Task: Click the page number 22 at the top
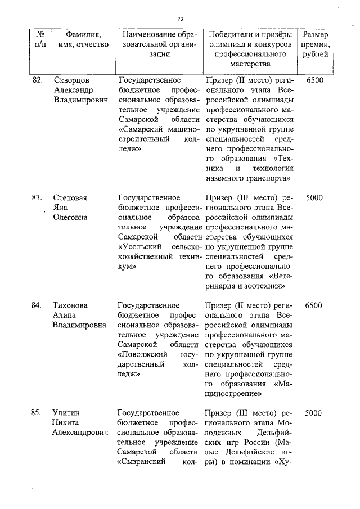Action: click(x=181, y=19)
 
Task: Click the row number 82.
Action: click(x=37, y=80)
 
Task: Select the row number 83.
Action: click(x=37, y=198)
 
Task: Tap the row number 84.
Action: click(x=37, y=305)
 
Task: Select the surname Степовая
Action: click(x=70, y=198)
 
